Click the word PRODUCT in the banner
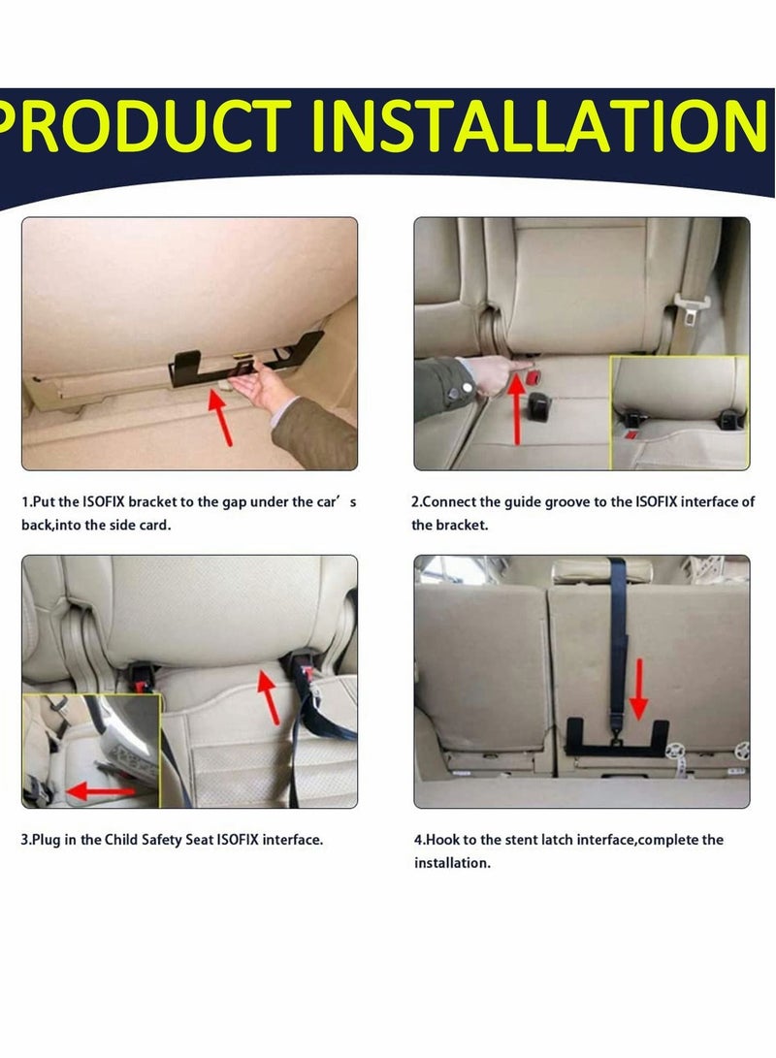tap(145, 125)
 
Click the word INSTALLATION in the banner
tap(538, 125)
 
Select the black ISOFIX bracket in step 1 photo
tap(242, 361)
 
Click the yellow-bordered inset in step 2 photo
tap(679, 411)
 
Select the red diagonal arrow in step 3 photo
tap(269, 696)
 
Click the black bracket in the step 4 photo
tap(618, 738)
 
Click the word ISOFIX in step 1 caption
tap(103, 502)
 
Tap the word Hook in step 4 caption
tap(441, 840)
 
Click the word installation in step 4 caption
tap(452, 863)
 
